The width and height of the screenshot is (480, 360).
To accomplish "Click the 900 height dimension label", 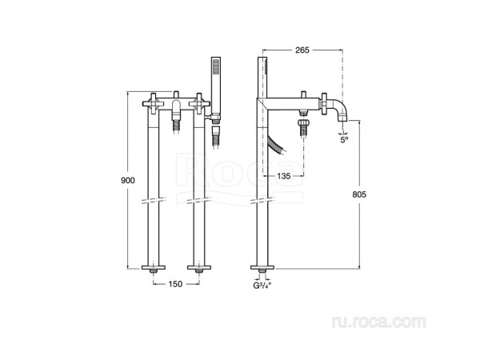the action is click(128, 180).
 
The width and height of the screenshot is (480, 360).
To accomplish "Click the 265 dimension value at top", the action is click(302, 50).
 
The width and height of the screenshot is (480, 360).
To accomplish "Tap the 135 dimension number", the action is click(283, 176).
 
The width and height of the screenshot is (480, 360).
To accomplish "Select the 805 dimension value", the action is click(359, 194).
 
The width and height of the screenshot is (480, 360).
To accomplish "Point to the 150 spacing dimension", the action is click(175, 284).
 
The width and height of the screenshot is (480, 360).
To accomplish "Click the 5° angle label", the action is click(345, 140).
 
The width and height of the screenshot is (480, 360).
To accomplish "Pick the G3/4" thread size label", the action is click(262, 286).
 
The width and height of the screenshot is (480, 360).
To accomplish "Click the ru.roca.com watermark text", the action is click(378, 322).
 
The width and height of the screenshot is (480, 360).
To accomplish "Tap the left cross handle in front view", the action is click(154, 103).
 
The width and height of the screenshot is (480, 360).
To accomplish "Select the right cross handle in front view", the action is click(199, 103).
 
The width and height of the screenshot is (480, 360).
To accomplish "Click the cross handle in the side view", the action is click(324, 104).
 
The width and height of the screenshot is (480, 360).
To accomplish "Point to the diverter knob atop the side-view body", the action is click(303, 94).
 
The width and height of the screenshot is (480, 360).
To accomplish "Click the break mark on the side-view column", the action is click(262, 200).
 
